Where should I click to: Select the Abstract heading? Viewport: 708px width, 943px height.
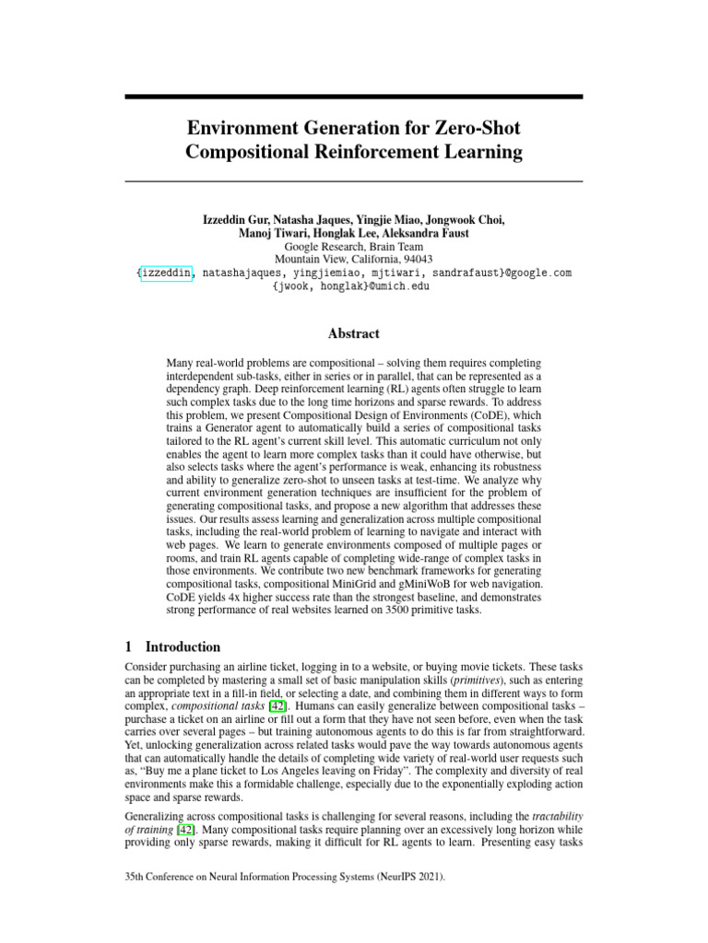[x=354, y=333]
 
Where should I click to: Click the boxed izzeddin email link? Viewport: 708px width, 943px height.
[x=167, y=273]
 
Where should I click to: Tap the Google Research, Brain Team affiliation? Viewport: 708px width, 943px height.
[x=354, y=247]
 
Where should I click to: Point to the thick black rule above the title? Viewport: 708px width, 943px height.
[x=354, y=97]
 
